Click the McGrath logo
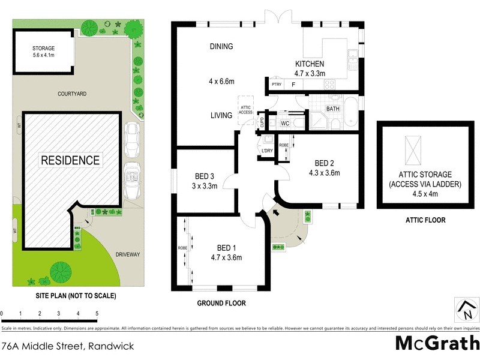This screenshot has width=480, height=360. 437,344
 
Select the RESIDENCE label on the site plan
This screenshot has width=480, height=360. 70,160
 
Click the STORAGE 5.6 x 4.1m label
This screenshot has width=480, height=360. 43,51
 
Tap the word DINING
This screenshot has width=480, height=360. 221,47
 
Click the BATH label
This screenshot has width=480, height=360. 333,109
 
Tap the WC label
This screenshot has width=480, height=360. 286,124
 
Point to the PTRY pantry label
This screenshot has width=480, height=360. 277,85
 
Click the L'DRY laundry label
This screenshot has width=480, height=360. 268,151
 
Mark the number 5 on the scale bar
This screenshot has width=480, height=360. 97,313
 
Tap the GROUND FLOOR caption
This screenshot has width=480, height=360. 221,304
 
